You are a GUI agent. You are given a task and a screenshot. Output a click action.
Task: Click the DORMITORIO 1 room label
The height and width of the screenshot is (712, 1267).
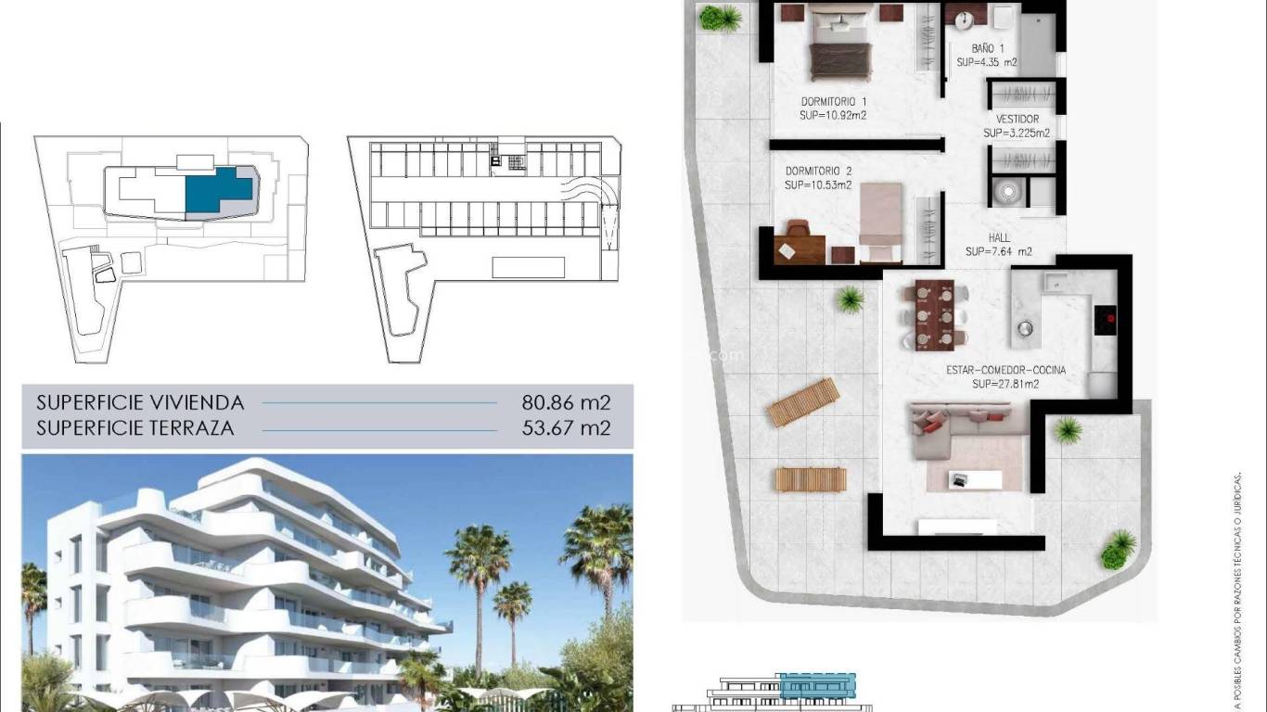(x=833, y=102)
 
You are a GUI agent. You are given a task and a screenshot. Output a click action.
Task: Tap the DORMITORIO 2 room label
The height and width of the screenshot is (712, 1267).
(x=818, y=172)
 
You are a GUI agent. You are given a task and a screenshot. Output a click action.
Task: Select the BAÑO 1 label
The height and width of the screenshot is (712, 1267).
(x=987, y=48)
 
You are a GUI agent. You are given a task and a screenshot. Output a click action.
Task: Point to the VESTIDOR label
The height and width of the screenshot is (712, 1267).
(x=1017, y=120)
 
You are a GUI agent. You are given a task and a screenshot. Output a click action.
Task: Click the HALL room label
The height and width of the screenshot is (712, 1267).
(x=999, y=238)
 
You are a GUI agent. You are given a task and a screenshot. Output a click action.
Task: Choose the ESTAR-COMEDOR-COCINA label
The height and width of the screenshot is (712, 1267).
(x=1005, y=370)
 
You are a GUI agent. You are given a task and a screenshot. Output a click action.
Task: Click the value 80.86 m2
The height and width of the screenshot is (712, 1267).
(x=566, y=402)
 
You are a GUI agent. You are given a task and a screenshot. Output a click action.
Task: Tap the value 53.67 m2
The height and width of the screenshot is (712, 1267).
(x=566, y=428)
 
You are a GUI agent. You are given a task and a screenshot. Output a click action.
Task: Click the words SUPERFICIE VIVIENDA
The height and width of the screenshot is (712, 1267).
(x=140, y=402)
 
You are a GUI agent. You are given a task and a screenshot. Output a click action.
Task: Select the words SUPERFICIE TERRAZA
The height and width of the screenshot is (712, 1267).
(x=134, y=428)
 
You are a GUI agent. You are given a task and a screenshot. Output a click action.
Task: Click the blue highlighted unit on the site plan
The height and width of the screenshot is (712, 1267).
(x=217, y=191)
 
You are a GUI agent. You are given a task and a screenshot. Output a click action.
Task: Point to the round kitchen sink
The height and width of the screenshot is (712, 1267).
(x=1025, y=327)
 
